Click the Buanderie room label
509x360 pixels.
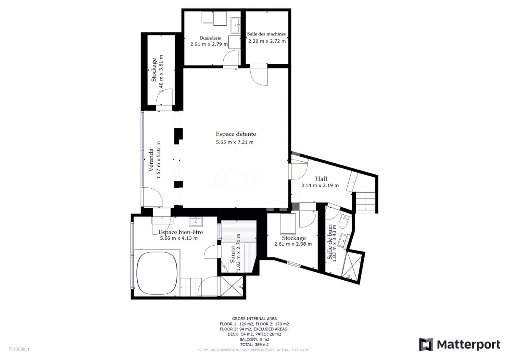pos(211,38)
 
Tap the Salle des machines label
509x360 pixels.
pos(266,34)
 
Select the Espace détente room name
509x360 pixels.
pos(236,134)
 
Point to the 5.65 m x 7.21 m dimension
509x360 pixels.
pos(235,142)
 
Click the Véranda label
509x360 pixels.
pos(151,160)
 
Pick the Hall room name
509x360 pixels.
pos(321,179)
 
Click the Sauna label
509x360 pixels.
pos(233,254)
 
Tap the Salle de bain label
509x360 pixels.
pos(330,242)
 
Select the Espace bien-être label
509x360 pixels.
pos(181,232)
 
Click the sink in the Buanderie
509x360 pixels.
pos(236,25)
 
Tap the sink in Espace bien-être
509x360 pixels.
pos(195,222)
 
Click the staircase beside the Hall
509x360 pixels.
pos(366,203)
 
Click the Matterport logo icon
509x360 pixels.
pos(426,344)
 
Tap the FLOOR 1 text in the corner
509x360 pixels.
pos(19,349)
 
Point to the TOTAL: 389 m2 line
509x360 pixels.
pos(254,344)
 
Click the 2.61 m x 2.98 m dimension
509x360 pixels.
pos(293,244)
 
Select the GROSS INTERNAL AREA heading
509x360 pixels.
pos(254,319)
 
